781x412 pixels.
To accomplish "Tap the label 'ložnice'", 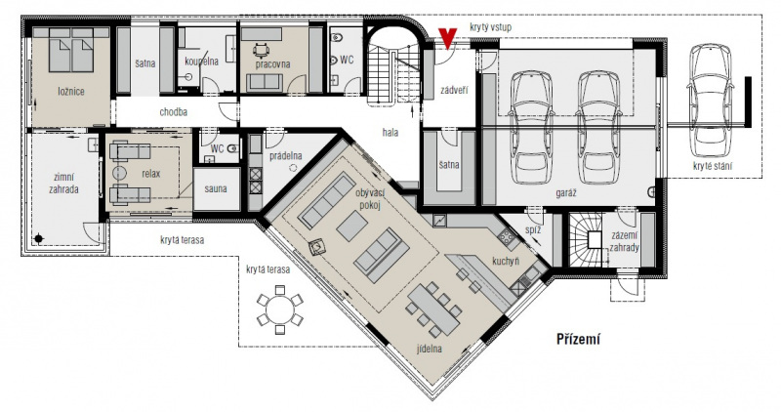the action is pos(70,92).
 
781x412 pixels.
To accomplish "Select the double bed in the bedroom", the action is pos(71,50).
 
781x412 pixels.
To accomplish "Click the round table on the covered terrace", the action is pos(280,309).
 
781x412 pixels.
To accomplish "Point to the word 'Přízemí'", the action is pos(578,339).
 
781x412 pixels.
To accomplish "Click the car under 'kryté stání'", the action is pos(710,100).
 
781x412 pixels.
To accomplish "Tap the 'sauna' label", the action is pos(216,188).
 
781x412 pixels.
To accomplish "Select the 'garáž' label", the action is pos(566,191).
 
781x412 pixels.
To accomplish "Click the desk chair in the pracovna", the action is pos(261,50).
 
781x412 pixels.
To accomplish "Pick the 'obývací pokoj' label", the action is pos(369,198).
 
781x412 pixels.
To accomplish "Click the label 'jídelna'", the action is pos(429,349).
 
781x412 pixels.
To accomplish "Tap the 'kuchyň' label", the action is pos(506,261).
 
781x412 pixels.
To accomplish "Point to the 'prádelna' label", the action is pos(286,155).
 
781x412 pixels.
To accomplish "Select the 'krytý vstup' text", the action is pos(490,27).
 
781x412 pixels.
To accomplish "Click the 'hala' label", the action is pos(390,133).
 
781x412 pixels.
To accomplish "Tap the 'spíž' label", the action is pos(533,230).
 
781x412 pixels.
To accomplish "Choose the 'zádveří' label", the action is pos(455,91).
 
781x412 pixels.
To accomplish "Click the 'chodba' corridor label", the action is pos(174,112).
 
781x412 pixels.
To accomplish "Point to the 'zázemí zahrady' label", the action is pos(624,241).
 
